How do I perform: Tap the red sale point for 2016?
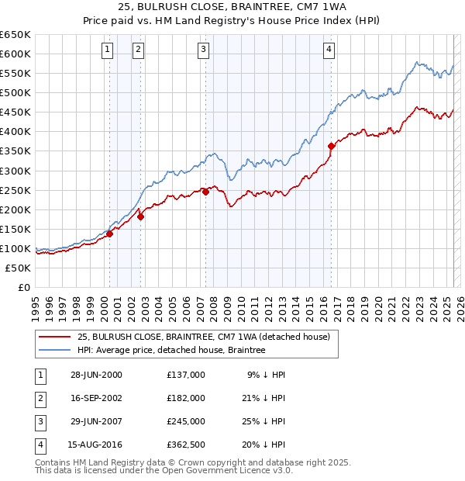point(331,145)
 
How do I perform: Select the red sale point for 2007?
point(206,192)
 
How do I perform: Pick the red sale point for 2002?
point(140,216)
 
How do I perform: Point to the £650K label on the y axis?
point(15,35)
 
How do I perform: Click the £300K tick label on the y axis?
point(15,171)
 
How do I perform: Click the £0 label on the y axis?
point(24,287)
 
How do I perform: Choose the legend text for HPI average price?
point(171,351)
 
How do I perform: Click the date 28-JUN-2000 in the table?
point(96,375)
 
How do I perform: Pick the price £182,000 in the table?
point(186,398)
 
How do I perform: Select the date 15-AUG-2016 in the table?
point(96,445)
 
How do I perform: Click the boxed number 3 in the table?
point(40,421)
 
